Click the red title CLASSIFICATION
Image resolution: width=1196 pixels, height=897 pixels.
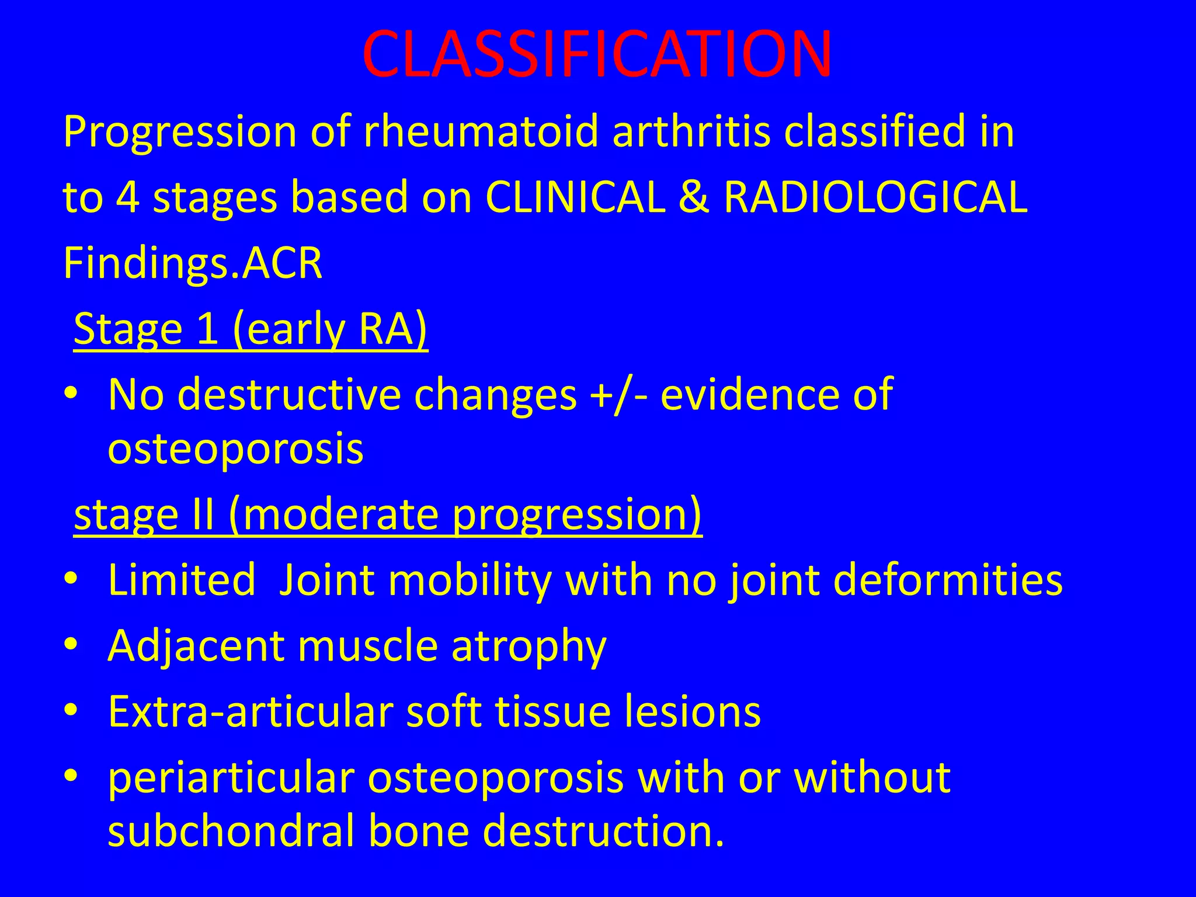pyautogui.click(x=597, y=54)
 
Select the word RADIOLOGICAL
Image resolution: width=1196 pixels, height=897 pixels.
pyautogui.click(x=875, y=197)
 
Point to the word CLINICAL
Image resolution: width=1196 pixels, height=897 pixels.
pyautogui.click(x=575, y=197)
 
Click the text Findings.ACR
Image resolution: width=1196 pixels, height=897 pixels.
pyautogui.click(x=192, y=263)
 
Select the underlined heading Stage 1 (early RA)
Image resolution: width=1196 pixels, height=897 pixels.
pyautogui.click(x=251, y=330)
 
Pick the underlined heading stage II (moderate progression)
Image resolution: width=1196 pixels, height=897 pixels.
pyautogui.click(x=388, y=514)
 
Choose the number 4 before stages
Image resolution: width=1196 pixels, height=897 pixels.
pyautogui.click(x=127, y=197)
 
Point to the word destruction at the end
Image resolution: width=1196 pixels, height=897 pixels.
pyautogui.click(x=602, y=831)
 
